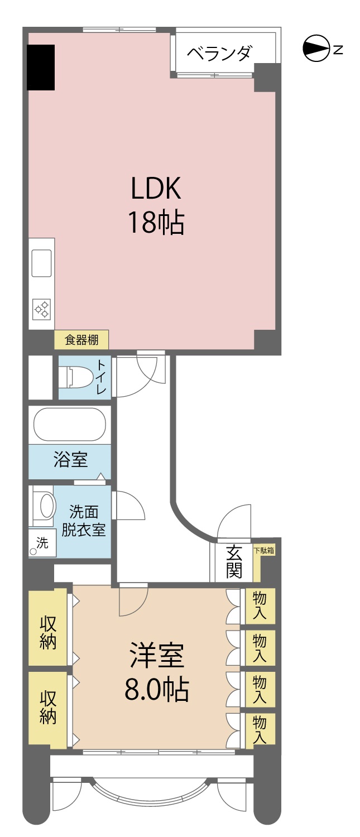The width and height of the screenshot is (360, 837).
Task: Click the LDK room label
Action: point(156,205)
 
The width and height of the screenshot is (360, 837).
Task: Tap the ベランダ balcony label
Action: point(219,54)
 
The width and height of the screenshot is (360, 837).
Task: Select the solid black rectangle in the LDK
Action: point(41,68)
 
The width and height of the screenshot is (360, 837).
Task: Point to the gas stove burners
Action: point(41,309)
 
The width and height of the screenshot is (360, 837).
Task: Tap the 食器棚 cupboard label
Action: point(81,340)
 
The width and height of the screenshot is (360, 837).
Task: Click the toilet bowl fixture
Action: point(76,377)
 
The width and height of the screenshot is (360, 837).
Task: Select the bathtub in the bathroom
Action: point(70,425)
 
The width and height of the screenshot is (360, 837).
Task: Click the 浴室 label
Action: point(71,459)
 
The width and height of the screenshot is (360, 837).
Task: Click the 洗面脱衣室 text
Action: point(84,521)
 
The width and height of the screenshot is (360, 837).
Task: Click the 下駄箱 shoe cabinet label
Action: point(265,550)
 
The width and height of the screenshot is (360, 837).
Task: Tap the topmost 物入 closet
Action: point(260,605)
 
